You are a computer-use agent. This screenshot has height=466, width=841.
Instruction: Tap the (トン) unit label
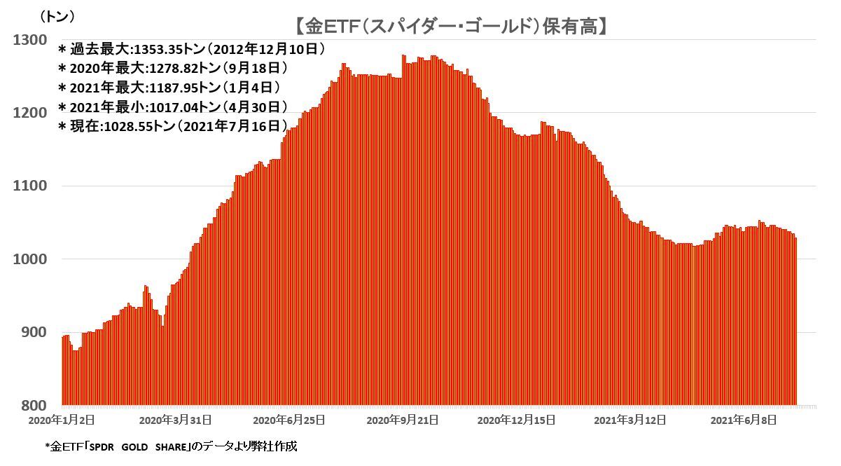[57, 15]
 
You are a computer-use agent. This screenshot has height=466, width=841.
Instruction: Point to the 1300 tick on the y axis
[29, 40]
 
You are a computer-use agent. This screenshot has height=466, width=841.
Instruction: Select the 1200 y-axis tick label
[29, 113]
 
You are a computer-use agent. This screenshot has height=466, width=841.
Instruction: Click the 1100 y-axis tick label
[29, 186]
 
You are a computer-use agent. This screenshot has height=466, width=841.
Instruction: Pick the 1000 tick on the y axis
[29, 259]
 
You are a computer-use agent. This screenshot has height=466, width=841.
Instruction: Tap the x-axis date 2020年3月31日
[176, 420]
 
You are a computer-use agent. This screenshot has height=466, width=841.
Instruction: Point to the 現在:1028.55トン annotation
[172, 126]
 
